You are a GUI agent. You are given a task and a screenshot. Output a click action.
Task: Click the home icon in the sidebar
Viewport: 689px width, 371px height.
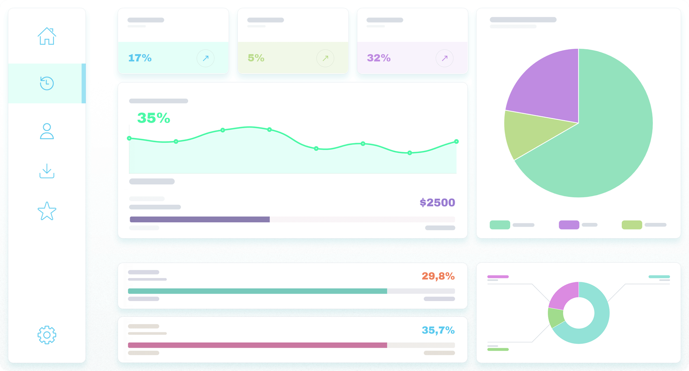[x=47, y=36]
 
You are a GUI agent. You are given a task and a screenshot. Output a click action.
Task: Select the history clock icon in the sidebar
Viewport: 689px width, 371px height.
[x=47, y=83]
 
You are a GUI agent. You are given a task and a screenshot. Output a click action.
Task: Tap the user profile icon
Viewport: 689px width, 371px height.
[x=47, y=131]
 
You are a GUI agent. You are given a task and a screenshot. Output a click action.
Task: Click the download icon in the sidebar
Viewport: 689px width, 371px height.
[x=47, y=171]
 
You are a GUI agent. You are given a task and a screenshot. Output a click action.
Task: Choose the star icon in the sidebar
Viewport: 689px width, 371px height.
[x=47, y=211]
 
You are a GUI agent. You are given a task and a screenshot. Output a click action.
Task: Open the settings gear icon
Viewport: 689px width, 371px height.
[x=47, y=335]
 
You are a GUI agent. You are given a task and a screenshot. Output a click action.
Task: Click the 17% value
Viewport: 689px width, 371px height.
[x=140, y=58]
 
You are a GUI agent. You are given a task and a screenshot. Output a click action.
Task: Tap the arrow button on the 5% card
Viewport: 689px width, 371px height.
[x=325, y=58]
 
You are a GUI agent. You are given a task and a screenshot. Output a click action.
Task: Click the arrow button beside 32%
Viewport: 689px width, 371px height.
[x=444, y=58]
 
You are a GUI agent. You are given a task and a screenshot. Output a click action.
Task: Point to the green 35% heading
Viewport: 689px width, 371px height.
[x=153, y=118]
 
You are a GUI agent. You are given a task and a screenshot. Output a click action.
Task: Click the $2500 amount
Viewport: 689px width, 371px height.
[x=437, y=203]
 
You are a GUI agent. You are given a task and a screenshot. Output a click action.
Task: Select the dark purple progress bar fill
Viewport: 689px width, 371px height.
[x=199, y=219]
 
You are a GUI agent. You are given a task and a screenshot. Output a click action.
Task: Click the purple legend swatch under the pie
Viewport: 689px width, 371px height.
[x=568, y=225]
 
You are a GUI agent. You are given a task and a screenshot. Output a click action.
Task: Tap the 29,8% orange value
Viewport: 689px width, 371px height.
[x=438, y=276]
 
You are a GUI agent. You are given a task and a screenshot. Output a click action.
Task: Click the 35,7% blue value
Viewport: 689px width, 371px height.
[x=438, y=330]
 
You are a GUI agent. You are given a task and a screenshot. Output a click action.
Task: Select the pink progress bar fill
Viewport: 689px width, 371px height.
[x=257, y=345]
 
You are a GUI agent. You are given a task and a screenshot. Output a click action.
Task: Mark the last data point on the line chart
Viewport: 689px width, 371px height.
[x=456, y=141]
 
